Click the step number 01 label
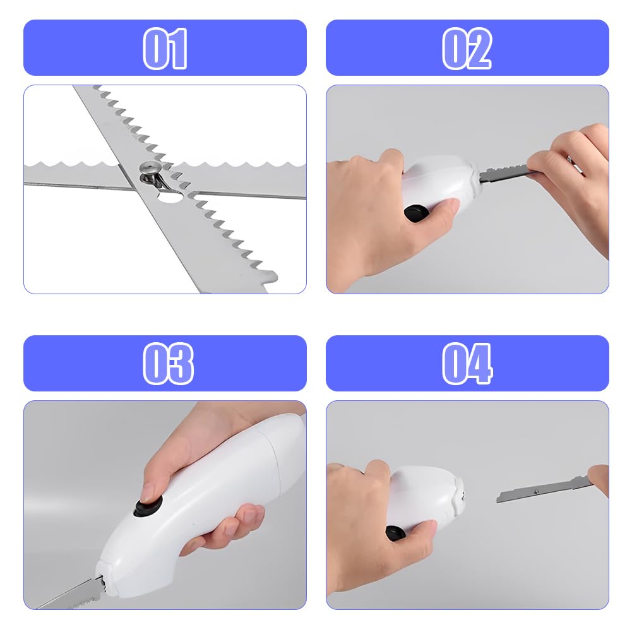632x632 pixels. (165, 49)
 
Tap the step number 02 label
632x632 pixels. (467, 49)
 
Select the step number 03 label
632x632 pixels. (168, 364)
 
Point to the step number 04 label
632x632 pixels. (467, 364)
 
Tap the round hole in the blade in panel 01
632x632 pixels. (169, 196)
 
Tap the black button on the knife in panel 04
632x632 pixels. (396, 534)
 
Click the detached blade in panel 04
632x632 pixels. (544, 489)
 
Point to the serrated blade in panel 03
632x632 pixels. (71, 594)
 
